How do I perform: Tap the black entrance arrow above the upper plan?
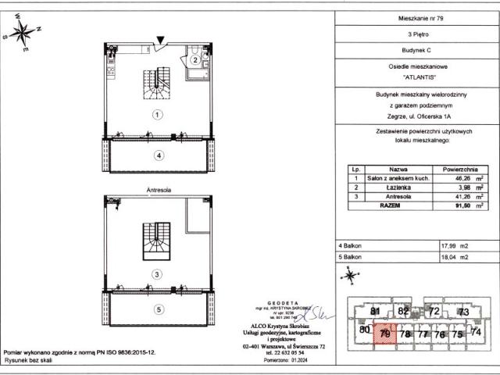161,40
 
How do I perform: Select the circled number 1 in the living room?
157,114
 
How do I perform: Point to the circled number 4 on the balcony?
159,155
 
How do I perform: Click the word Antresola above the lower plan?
159,189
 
